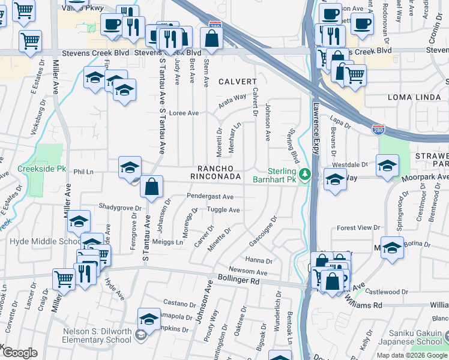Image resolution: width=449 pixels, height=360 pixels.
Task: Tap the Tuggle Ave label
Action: tap(223, 210)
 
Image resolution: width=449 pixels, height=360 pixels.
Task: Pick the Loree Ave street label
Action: tap(184, 113)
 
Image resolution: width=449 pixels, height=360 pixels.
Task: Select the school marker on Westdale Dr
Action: tap(387, 165)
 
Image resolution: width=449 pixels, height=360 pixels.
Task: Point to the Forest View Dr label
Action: tap(356, 228)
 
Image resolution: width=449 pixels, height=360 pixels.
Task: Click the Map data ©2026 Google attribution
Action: tap(411, 355)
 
